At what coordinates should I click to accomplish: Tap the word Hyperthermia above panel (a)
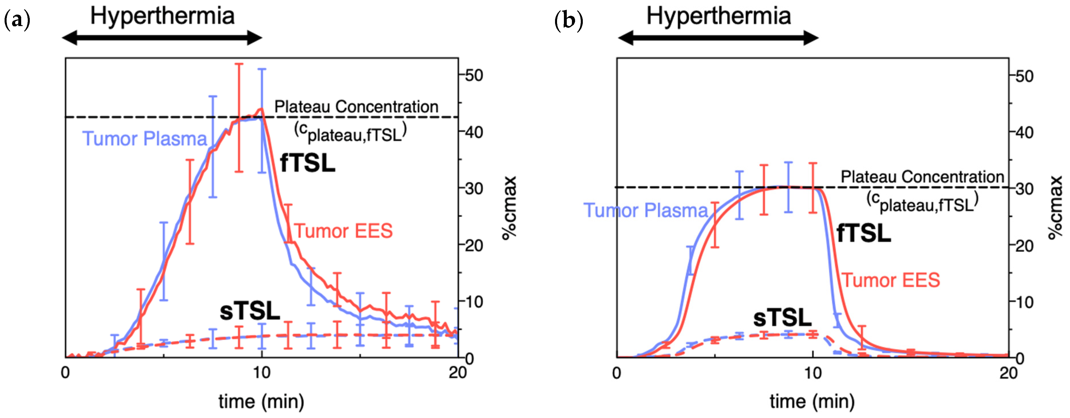162,16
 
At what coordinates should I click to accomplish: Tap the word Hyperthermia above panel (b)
718,16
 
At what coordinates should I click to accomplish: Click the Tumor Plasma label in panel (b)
645,210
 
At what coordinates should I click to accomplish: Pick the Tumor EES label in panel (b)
891,280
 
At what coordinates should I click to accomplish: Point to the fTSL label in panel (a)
308,163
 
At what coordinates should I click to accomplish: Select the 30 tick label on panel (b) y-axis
1024,189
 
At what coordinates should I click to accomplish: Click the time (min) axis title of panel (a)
261,402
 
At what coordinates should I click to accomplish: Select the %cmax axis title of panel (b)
1055,208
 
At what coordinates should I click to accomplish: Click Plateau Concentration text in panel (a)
356,107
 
